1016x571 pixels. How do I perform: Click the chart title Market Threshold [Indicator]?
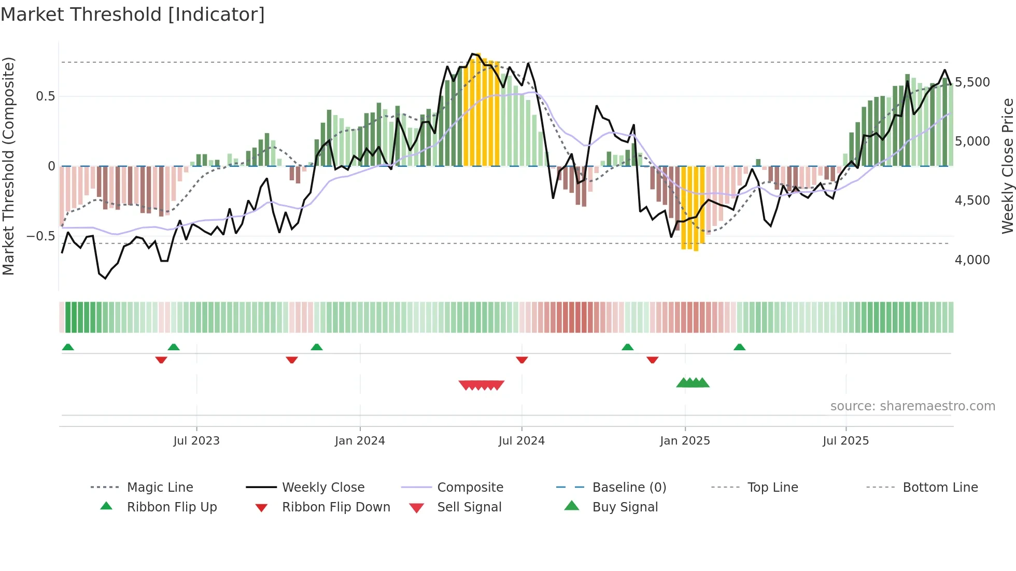[133, 15]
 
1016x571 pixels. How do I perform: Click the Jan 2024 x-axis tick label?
[360, 441]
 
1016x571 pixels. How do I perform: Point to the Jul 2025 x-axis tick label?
[845, 441]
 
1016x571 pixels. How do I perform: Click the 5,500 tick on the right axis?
[972, 82]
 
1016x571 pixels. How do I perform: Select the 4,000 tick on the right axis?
[972, 260]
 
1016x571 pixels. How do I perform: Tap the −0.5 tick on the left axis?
[40, 236]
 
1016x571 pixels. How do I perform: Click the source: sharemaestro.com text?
[912, 406]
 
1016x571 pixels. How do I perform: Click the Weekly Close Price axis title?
[1007, 166]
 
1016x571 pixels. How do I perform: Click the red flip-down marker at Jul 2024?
[522, 360]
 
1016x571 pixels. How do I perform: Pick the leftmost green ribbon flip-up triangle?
[68, 347]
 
